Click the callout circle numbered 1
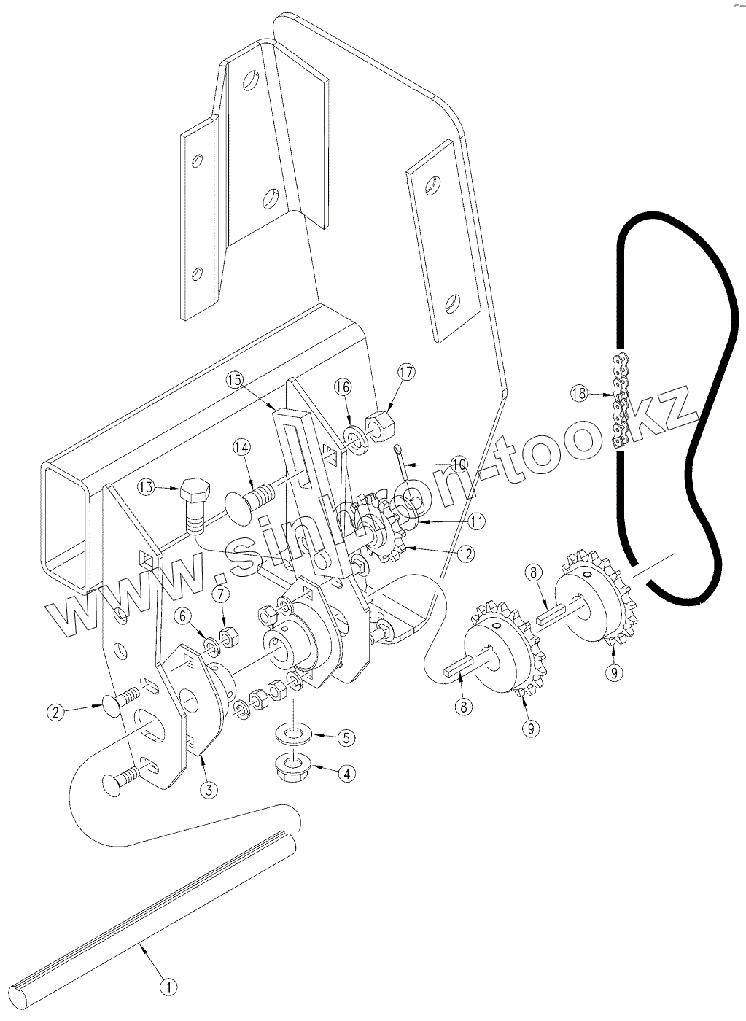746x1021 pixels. [168, 987]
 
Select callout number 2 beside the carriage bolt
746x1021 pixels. [55, 712]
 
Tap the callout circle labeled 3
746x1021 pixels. [209, 788]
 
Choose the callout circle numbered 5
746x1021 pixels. [346, 737]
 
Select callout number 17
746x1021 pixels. [405, 372]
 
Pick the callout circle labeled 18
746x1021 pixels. [579, 394]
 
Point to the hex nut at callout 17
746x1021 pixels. [378, 422]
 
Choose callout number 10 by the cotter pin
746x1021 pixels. [458, 464]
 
